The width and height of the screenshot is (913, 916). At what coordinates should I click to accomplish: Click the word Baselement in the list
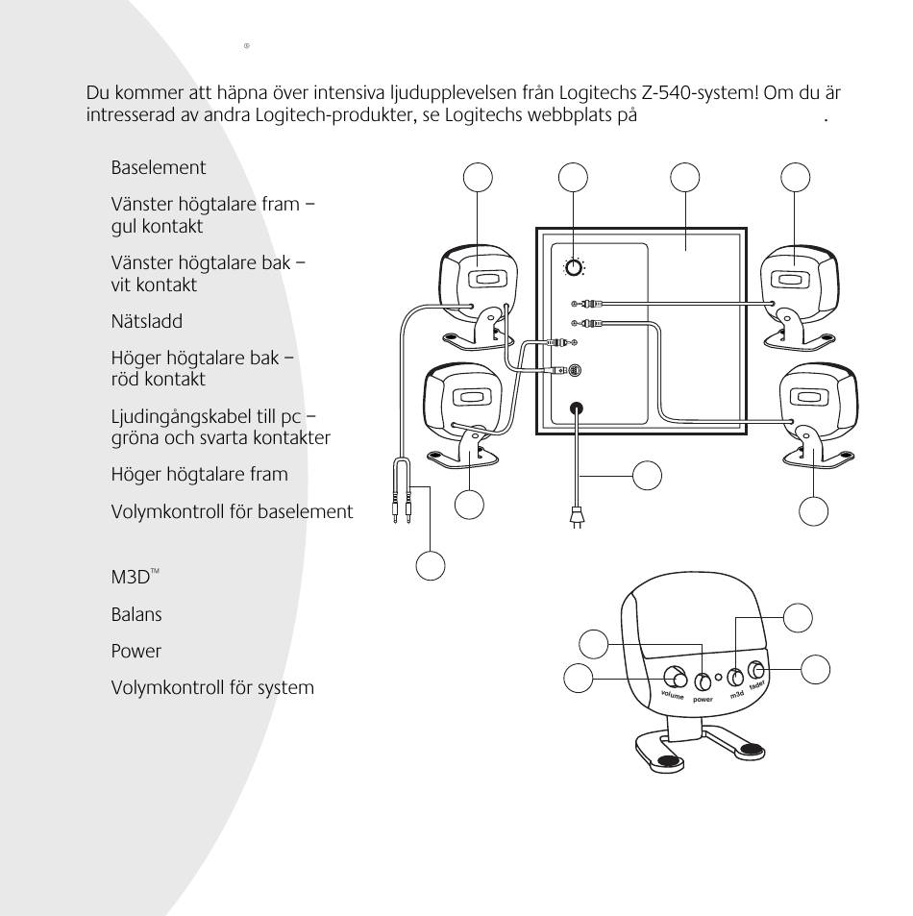159,167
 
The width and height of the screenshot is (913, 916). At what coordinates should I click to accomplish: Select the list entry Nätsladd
147,322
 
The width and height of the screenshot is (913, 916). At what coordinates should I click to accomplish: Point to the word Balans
136,612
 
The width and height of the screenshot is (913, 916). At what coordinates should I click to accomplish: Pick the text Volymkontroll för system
212,688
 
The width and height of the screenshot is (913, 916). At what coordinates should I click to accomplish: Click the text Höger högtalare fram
199,474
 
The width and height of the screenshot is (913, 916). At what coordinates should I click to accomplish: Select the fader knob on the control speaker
757,670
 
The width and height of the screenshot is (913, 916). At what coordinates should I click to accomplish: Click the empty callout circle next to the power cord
647,475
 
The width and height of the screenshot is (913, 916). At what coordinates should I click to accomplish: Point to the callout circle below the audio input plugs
430,565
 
